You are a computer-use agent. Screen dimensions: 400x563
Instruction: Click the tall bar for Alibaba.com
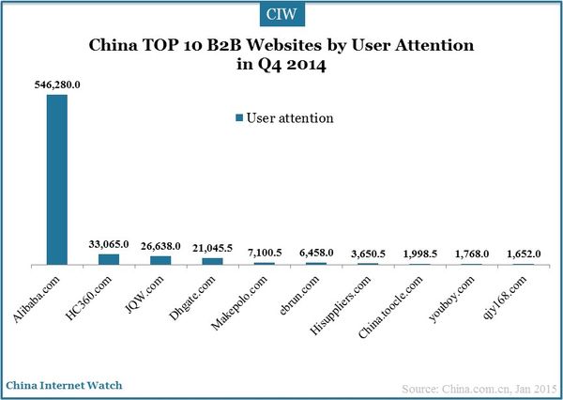(57, 179)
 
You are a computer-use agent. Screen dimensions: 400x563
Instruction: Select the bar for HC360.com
(109, 259)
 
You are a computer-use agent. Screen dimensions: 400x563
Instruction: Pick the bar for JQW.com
(160, 260)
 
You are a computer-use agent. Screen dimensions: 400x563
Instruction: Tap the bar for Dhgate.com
(212, 261)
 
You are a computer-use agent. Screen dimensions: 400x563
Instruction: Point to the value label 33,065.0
(109, 245)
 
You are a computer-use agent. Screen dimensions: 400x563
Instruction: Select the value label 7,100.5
(264, 254)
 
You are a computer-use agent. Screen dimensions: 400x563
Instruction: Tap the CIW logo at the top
(281, 16)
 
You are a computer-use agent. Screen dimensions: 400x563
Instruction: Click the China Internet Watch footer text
(64, 386)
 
